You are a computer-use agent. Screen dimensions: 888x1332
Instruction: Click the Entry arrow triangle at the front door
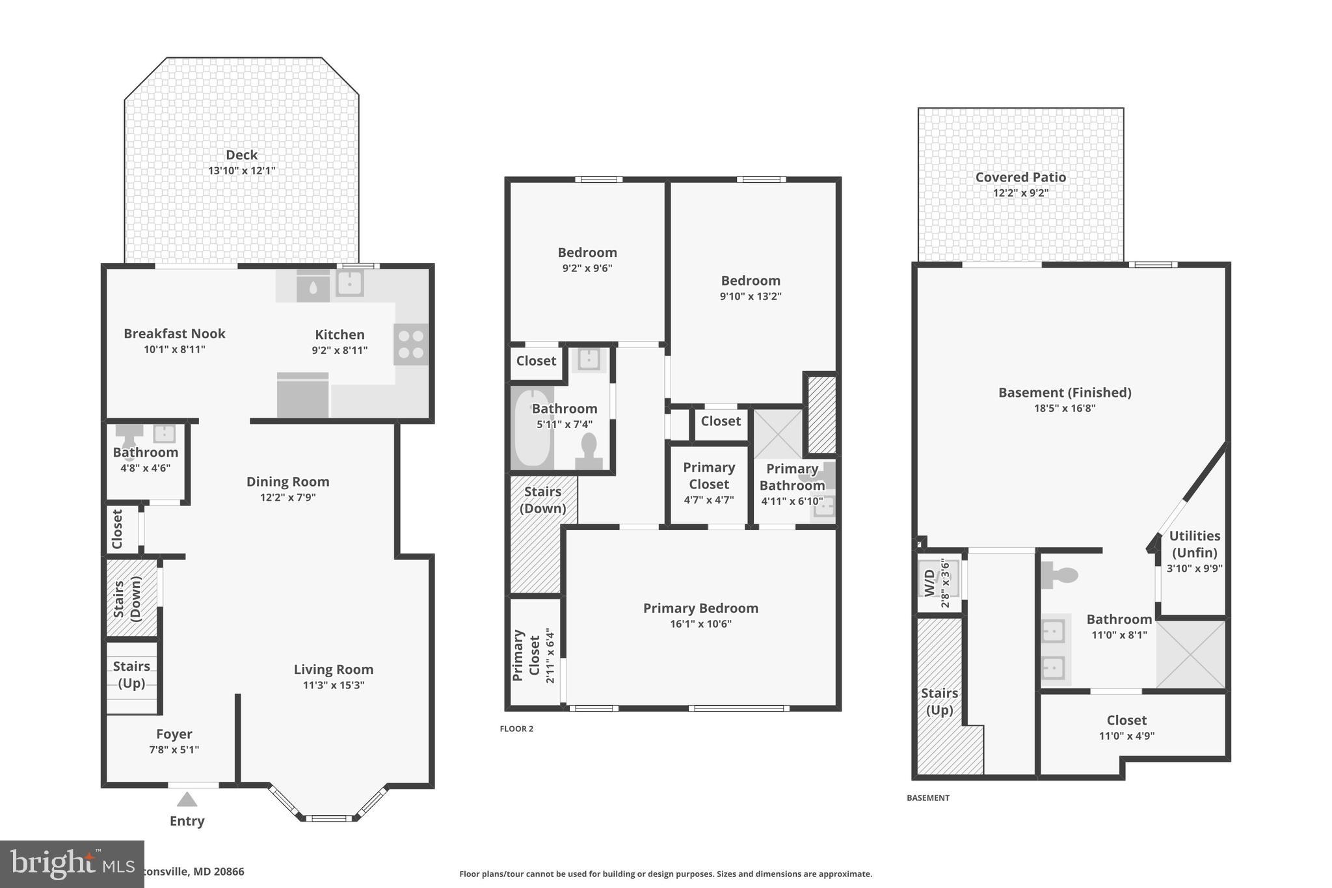coord(187,800)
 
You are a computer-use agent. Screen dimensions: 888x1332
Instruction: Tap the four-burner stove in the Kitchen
coord(411,344)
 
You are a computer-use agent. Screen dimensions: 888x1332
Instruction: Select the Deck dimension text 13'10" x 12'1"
coord(242,170)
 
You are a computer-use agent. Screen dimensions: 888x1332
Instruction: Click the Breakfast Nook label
coord(174,334)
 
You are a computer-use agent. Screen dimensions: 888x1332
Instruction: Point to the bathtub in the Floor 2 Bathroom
coord(532,427)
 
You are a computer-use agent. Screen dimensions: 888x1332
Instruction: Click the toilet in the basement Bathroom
coord(1059,574)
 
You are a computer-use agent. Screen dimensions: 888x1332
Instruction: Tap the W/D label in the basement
coord(929,582)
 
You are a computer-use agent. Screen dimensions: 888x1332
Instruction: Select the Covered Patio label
coord(1020,177)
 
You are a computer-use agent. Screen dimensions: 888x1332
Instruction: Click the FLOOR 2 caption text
coord(516,729)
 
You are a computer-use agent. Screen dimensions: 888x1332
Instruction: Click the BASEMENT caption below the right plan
coord(928,798)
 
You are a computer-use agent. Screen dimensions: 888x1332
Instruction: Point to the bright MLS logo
coord(72,864)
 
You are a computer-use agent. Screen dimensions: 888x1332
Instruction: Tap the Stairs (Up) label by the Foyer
coord(131,675)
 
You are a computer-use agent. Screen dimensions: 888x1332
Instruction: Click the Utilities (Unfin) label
coord(1195,544)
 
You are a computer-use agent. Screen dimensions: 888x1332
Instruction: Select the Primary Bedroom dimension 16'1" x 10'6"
coord(700,624)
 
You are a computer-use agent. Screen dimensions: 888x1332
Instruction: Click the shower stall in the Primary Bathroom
coord(778,433)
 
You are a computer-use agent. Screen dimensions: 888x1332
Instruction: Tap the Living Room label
coord(333,669)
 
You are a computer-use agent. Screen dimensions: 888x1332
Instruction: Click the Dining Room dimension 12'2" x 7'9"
coord(287,498)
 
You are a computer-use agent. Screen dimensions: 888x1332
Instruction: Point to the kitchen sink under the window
coord(350,284)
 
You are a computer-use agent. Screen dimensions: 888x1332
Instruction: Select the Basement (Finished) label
coord(1065,392)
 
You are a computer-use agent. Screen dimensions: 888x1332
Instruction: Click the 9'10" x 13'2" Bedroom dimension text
coord(751,296)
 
